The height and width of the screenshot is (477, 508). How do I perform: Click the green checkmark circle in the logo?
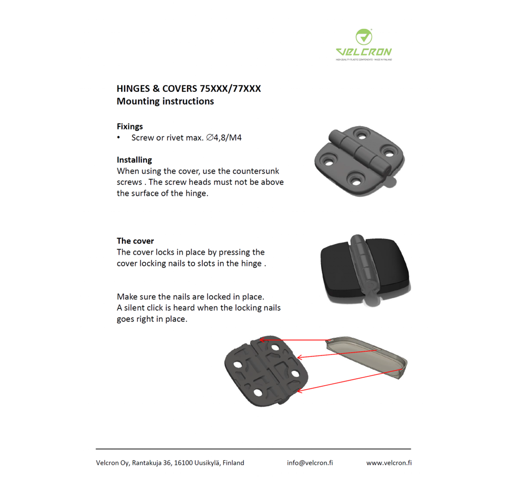coord(364,37)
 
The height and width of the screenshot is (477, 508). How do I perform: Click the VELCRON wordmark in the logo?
coord(364,52)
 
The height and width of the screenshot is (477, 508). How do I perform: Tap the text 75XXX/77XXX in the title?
coord(230,89)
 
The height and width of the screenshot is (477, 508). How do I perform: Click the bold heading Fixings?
coord(129,126)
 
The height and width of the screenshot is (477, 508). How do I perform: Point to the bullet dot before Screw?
coord(119,137)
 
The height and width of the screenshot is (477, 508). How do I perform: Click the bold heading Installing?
coord(134,160)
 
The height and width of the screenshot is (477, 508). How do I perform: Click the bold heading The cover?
coord(135,241)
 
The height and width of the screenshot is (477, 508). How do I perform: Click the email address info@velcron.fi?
coord(310,463)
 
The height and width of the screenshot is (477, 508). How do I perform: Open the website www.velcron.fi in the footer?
coord(389,463)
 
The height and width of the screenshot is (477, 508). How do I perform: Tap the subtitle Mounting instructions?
coord(165,101)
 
